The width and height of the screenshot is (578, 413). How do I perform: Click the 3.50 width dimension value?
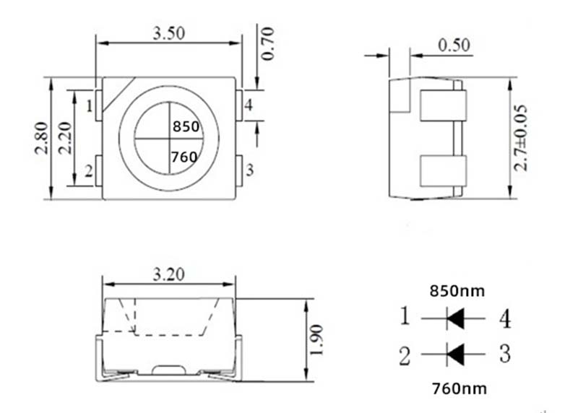coord(168,33)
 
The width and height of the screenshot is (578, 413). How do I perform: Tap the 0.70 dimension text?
coord(268,43)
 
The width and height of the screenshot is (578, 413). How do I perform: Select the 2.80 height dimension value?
coord(41,138)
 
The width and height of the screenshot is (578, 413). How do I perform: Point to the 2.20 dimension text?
coord(65,138)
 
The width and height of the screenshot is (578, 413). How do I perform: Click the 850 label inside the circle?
coord(186,127)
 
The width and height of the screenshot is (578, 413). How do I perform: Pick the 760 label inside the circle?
coord(184,157)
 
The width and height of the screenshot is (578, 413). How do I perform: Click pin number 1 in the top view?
coord(89,106)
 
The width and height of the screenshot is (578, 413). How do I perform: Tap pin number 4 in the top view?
coord(249,105)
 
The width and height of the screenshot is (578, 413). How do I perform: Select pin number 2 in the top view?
coord(89,171)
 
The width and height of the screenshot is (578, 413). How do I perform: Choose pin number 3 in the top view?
coord(250,170)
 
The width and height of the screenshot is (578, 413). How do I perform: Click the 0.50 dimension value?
coord(454,45)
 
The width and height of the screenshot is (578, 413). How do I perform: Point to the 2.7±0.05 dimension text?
coord(520,138)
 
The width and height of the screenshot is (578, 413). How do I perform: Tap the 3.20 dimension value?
coord(168,274)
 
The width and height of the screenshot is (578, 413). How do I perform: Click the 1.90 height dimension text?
coord(316,340)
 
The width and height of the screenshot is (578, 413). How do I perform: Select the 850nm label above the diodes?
coord(457,291)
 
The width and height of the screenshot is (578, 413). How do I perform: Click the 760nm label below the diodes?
coord(460,388)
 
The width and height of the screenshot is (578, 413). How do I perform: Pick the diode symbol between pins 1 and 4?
coord(455,318)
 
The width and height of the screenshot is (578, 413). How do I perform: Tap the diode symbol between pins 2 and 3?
coord(455,355)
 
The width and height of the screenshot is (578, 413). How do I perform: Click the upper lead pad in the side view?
coord(443,105)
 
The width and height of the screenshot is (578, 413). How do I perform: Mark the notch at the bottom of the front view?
coord(168,370)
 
